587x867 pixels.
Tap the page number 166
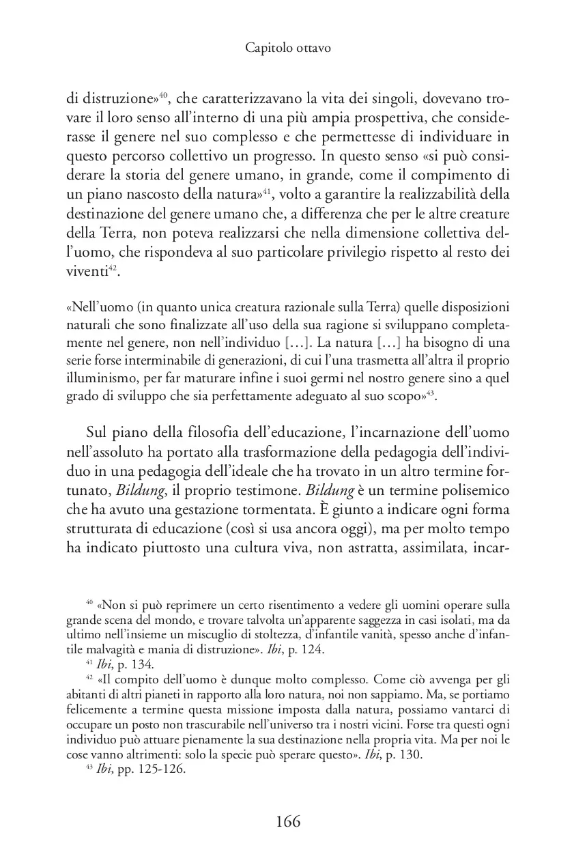288,821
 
